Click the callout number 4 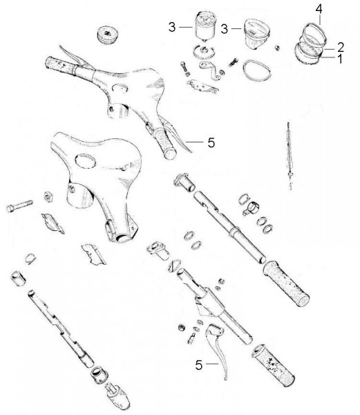(x=319, y=10)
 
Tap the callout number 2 (x=341, y=47)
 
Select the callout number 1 (x=340, y=59)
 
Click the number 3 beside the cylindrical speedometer (x=172, y=27)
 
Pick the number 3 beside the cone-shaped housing (x=224, y=29)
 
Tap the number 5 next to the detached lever (x=199, y=365)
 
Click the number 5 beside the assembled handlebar (x=211, y=142)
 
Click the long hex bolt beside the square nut (x=19, y=205)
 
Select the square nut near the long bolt (x=48, y=196)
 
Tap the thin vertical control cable (x=290, y=156)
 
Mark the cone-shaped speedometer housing (x=256, y=33)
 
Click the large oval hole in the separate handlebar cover (x=85, y=160)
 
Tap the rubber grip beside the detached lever (x=273, y=366)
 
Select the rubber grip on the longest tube (x=286, y=284)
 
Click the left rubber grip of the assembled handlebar (x=61, y=65)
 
